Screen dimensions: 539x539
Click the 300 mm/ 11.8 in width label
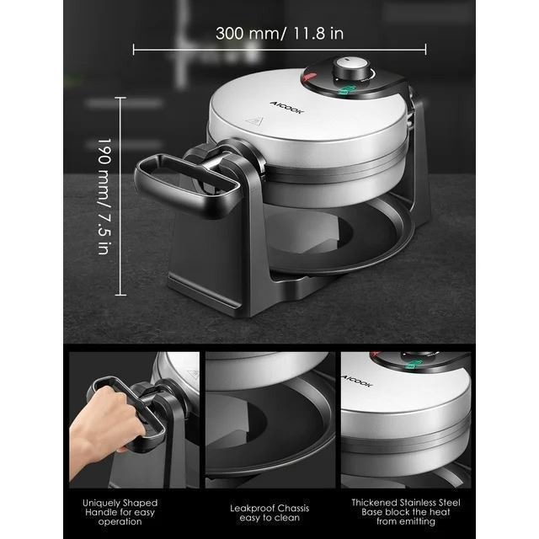click(280, 34)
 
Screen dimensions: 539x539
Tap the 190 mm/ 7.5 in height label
click(104, 196)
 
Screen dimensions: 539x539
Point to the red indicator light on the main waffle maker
click(310, 77)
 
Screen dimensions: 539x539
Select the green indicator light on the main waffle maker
click(345, 89)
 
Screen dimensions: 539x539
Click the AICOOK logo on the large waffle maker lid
click(287, 107)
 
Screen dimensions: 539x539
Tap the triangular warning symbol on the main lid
click(255, 120)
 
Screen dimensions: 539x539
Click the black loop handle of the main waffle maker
click(187, 185)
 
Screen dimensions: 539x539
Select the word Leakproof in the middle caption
click(252, 509)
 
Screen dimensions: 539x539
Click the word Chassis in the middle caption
click(293, 508)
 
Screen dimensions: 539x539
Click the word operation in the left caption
click(120, 522)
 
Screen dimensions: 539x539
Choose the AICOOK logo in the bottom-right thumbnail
click(357, 381)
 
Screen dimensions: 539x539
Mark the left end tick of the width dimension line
click(133, 50)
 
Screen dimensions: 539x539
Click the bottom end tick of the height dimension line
click(120, 295)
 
